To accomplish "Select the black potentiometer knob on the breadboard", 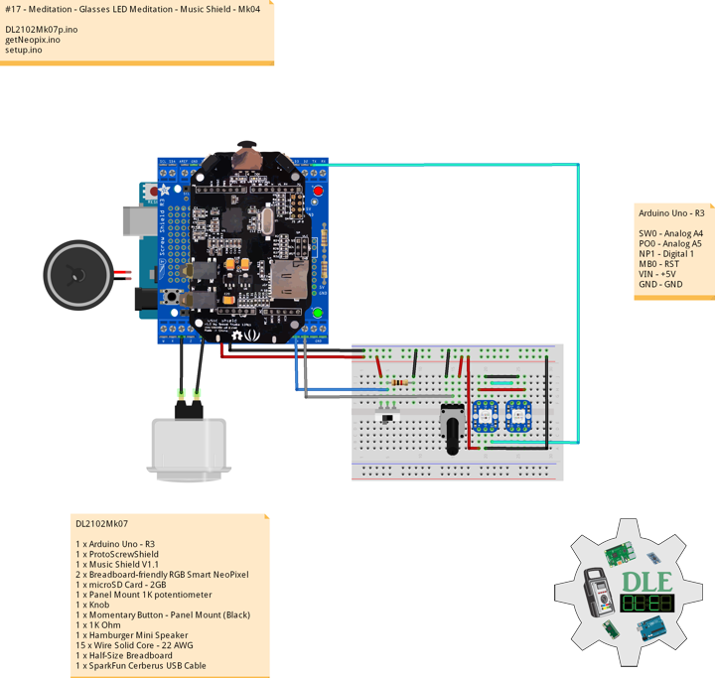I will point(455,431).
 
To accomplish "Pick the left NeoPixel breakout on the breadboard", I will point(489,415).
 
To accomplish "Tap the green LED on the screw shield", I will point(319,315).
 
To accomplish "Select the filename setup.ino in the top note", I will point(24,49).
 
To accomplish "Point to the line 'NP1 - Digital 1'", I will point(667,253).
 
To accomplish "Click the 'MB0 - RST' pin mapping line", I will point(659,264).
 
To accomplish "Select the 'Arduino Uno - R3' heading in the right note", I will point(671,212).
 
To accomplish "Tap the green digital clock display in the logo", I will point(646,605).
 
